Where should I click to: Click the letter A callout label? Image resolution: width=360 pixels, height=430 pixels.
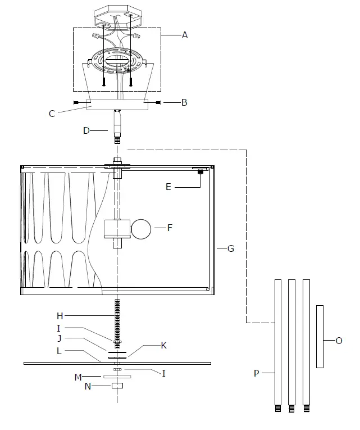[x=185, y=35]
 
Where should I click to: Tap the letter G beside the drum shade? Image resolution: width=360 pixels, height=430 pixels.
[x=231, y=248]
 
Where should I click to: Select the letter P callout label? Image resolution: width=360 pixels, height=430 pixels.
[x=256, y=373]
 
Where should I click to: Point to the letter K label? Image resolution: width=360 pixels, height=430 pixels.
[x=164, y=345]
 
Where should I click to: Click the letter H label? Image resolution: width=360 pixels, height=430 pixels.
[x=60, y=316]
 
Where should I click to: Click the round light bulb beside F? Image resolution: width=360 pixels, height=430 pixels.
[x=142, y=229]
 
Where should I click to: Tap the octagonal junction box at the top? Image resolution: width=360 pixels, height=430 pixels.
[x=117, y=16]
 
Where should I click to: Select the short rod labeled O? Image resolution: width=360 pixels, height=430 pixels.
[x=320, y=336]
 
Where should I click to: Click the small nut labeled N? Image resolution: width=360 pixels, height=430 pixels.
[x=117, y=386]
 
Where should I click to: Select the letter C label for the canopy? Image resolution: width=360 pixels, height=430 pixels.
[x=52, y=114]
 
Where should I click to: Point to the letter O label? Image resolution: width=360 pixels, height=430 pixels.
[x=339, y=341]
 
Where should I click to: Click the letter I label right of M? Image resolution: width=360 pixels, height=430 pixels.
[x=163, y=373]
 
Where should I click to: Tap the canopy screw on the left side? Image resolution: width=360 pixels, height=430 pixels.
[x=76, y=102]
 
